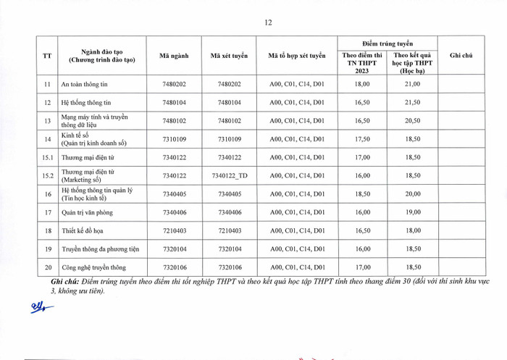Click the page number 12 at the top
(268, 22)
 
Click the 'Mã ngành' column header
(175, 56)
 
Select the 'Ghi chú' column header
(461, 56)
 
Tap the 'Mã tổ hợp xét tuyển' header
(298, 56)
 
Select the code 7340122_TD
(230, 175)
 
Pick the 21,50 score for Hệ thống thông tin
(412, 103)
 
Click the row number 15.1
(47, 157)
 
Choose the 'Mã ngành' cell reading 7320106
(175, 267)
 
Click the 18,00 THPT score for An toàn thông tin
(362, 85)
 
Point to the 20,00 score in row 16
(412, 194)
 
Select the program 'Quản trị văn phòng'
(88, 212)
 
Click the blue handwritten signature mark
(41, 309)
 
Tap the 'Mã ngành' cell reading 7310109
(175, 139)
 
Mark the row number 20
(47, 267)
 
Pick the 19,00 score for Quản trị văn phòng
(412, 212)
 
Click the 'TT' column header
(47, 56)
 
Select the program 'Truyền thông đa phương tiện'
(99, 249)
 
